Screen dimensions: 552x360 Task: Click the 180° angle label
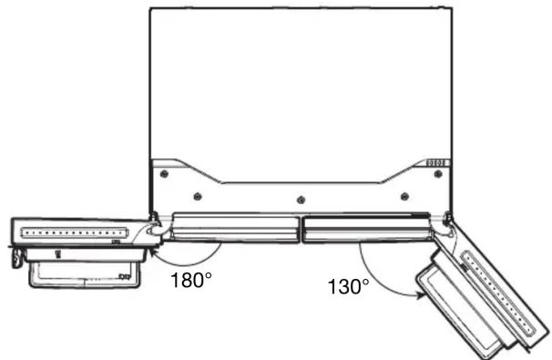pyautogui.click(x=191, y=281)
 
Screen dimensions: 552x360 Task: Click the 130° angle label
pyautogui.click(x=349, y=286)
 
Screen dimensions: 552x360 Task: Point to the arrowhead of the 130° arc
pyautogui.click(x=421, y=295)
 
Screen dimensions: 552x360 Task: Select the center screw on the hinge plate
pyautogui.click(x=301, y=201)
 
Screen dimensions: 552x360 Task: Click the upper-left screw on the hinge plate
pyautogui.click(x=164, y=174)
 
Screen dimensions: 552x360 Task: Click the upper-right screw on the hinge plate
pyautogui.click(x=438, y=174)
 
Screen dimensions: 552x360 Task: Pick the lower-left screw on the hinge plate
pyautogui.click(x=198, y=196)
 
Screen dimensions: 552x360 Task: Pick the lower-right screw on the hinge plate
pyautogui.click(x=404, y=196)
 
